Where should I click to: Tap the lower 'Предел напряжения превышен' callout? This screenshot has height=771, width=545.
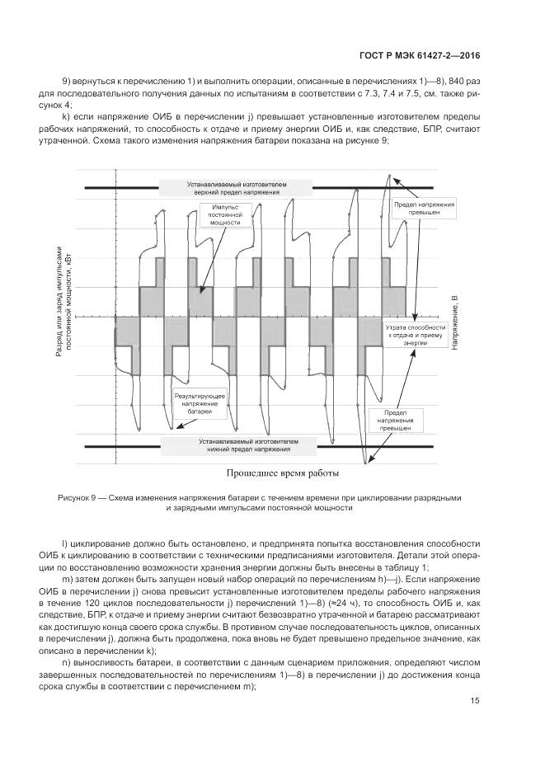pyautogui.click(x=395, y=420)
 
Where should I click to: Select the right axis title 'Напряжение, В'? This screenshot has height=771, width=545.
pyautogui.click(x=454, y=322)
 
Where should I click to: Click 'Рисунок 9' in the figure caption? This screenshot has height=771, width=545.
pyautogui.click(x=78, y=498)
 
